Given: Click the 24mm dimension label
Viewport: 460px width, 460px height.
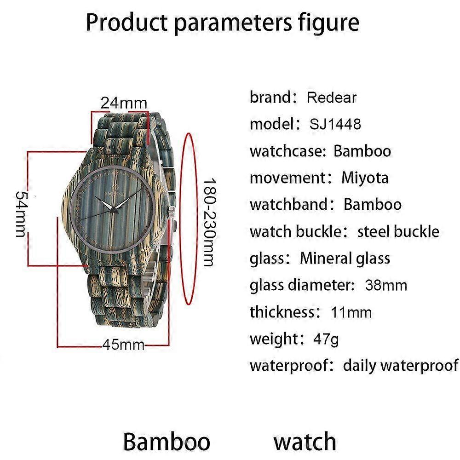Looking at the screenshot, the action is tap(123, 103).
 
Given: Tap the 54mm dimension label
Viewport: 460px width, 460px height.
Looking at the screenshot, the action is tap(21, 214).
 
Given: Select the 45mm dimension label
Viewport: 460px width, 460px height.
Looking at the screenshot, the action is tap(123, 345).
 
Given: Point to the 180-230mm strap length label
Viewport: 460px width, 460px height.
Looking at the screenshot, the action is tap(209, 222).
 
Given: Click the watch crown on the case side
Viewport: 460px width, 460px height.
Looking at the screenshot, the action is tap(171, 212).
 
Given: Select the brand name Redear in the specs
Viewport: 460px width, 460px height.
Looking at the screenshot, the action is tap(332, 98).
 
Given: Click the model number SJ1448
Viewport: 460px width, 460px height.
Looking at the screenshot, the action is tap(335, 124).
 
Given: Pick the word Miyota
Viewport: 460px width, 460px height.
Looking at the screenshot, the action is tap(365, 178).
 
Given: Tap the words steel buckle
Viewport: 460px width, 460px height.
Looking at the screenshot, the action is tap(398, 231).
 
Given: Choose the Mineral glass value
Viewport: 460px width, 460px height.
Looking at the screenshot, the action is tap(345, 259).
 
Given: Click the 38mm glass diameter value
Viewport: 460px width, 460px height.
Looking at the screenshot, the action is tap(386, 285).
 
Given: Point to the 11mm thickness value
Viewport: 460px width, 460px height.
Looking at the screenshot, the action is tap(351, 312).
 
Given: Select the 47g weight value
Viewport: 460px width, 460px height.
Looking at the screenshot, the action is tap(326, 339).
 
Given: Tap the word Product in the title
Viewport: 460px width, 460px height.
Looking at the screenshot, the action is tap(126, 22).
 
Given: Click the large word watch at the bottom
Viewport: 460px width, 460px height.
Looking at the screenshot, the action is tap(305, 441).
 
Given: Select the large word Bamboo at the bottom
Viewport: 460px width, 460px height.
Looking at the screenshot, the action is tap(167, 441).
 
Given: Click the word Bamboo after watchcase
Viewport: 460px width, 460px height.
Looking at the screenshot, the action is tap(362, 151).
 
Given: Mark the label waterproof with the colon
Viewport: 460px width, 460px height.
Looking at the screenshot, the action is tap(292, 366).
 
